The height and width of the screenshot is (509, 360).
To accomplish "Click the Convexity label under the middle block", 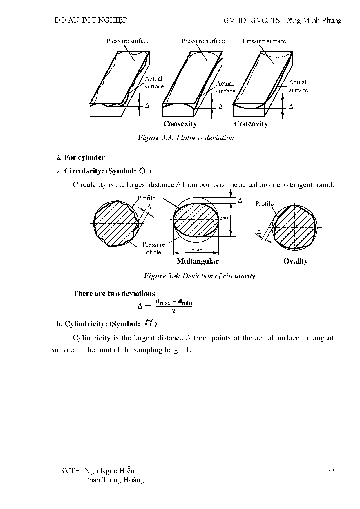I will [180, 124].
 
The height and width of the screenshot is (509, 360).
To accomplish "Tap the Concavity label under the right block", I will [251, 124].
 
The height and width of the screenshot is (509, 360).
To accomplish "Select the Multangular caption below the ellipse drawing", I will [197, 261].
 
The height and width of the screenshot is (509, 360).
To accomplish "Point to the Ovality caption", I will [295, 261].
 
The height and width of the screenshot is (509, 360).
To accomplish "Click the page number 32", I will [331, 471].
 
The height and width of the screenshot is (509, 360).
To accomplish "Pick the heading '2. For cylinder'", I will [80, 157].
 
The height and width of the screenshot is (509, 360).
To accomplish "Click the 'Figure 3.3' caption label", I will [156, 138].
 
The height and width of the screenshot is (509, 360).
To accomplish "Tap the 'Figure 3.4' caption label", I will [162, 276].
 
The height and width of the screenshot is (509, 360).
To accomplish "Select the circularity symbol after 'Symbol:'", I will [142, 171].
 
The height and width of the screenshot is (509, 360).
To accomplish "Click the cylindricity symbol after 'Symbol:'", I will [149, 323].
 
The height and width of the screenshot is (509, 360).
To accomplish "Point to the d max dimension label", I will [196, 249].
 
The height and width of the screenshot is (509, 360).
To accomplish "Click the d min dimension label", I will [225, 216].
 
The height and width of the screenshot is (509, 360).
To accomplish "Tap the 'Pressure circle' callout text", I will [153, 248].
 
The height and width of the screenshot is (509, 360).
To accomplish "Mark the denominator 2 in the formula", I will [174, 311].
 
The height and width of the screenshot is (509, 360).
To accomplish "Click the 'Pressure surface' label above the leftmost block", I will [128, 41].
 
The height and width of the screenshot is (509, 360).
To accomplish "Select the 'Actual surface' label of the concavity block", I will [298, 86].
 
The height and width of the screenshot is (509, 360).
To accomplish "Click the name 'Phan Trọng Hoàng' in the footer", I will [114, 480].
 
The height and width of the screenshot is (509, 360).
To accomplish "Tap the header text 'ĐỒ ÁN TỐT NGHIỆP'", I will [91, 20].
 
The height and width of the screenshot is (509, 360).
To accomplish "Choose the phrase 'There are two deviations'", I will [114, 294].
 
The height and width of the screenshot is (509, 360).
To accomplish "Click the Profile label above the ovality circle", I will [264, 204].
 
